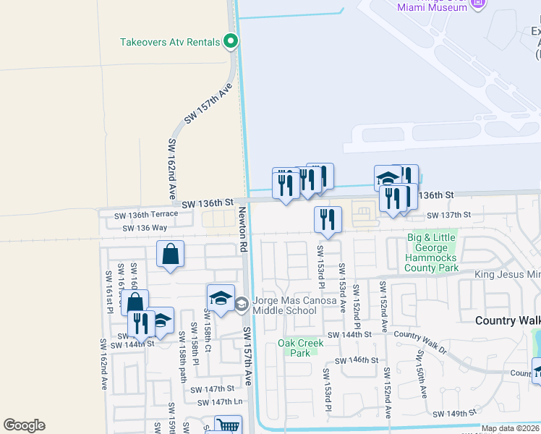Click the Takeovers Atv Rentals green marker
pyautogui.click(x=231, y=42)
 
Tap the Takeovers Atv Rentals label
pyautogui.click(x=170, y=42)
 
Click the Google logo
pyautogui.click(x=24, y=425)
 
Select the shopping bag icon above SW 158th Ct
pyautogui.click(x=171, y=255)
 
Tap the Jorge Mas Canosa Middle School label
pyautogui.click(x=285, y=306)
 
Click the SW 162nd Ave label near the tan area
pyautogui.click(x=173, y=169)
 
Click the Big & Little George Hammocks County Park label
pyautogui.click(x=432, y=252)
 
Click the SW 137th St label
pyautogui.click(x=448, y=215)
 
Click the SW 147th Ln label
pyautogui.click(x=219, y=401)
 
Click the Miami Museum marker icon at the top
pyautogui.click(x=477, y=4)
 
